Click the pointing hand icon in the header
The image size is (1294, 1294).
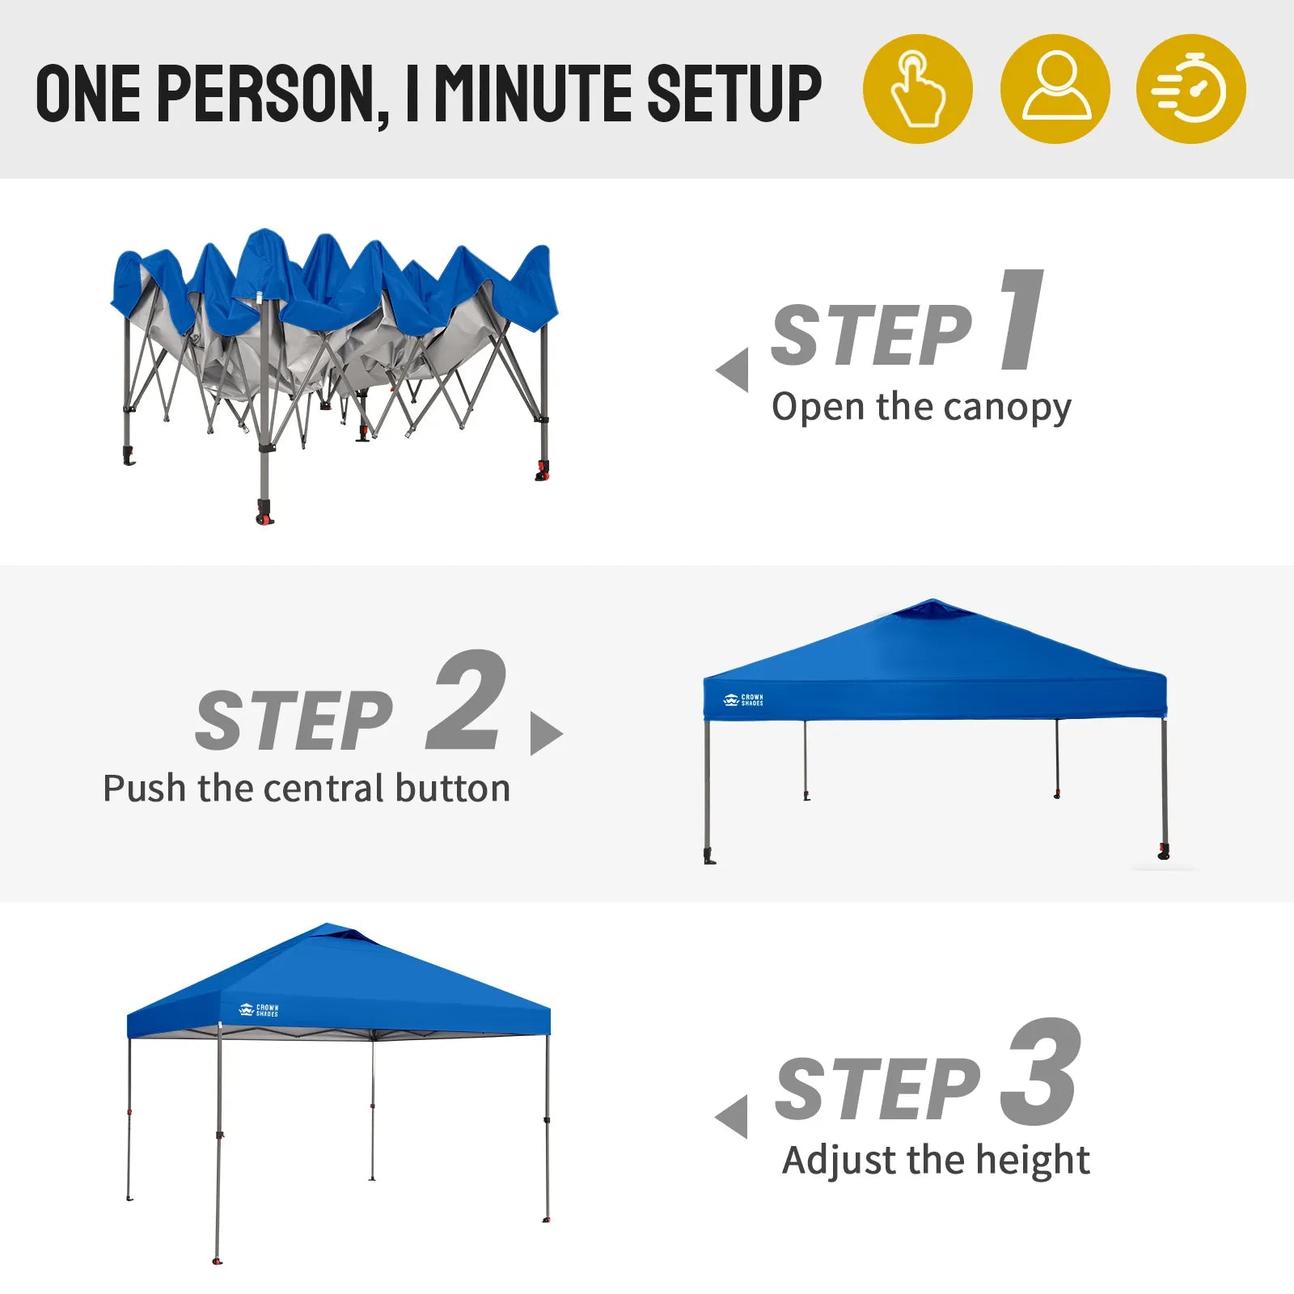[917, 89]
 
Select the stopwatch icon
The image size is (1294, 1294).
[1191, 89]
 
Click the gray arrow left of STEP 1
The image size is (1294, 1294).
[733, 370]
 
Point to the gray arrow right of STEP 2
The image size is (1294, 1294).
[546, 734]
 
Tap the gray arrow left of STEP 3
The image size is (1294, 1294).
[732, 1117]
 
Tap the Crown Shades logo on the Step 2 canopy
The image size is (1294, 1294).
[742, 700]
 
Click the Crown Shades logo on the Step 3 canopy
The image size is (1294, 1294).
[259, 1010]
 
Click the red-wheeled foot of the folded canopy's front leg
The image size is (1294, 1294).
[264, 513]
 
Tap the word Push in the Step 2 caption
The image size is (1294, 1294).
[145, 788]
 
